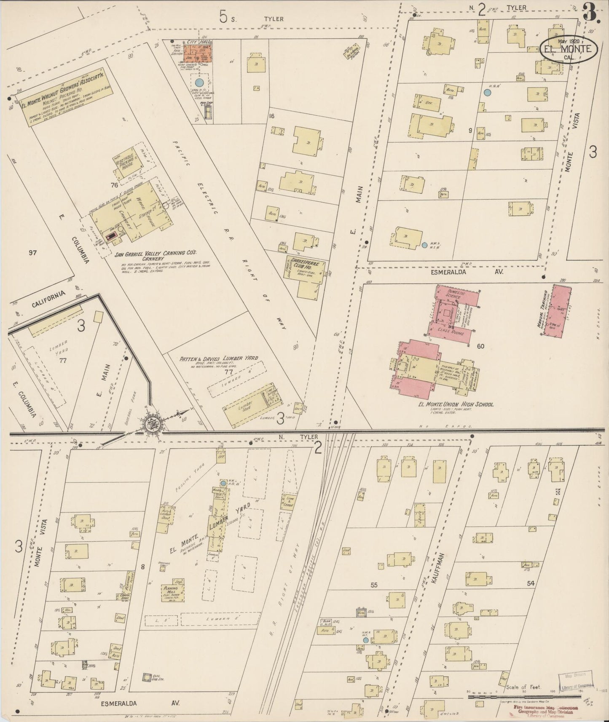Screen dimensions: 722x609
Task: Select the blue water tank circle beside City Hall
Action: click(x=199, y=83)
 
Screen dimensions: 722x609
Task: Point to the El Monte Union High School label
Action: click(x=448, y=405)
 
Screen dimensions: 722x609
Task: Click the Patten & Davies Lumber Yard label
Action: click(x=219, y=358)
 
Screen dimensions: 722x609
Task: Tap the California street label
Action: click(x=50, y=298)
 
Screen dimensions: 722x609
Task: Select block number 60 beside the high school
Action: click(x=480, y=346)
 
